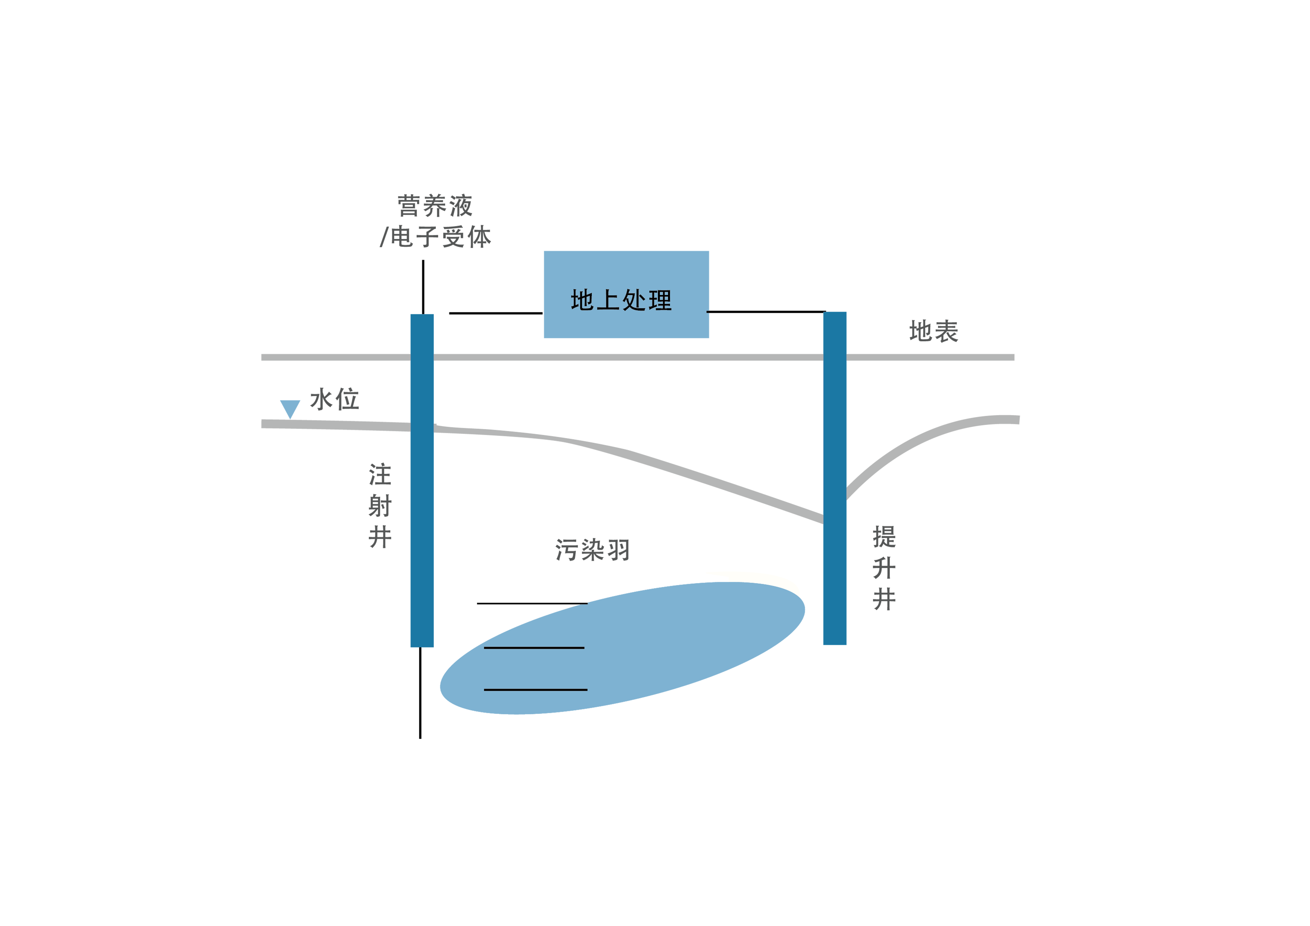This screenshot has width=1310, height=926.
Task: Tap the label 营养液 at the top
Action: pos(435,205)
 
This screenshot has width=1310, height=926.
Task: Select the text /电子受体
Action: pos(435,236)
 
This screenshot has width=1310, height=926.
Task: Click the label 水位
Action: pos(334,400)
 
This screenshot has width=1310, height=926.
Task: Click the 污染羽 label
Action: pos(592,550)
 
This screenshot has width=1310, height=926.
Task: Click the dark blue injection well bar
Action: pos(422,481)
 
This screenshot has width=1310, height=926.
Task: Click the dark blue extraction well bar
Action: pos(835,478)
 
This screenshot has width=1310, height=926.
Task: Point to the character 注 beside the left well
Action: pos(380,474)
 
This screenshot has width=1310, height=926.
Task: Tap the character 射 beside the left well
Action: pos(380,506)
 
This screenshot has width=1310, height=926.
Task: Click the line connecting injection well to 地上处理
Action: pos(496,313)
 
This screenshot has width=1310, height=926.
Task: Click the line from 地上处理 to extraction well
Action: pos(766,311)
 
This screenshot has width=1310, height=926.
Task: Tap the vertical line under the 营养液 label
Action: pos(423,287)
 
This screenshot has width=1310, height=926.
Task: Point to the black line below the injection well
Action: pos(420,693)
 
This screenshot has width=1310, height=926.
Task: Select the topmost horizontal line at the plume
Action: pos(533,603)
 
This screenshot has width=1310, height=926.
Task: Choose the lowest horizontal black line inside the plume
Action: pos(536,690)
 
